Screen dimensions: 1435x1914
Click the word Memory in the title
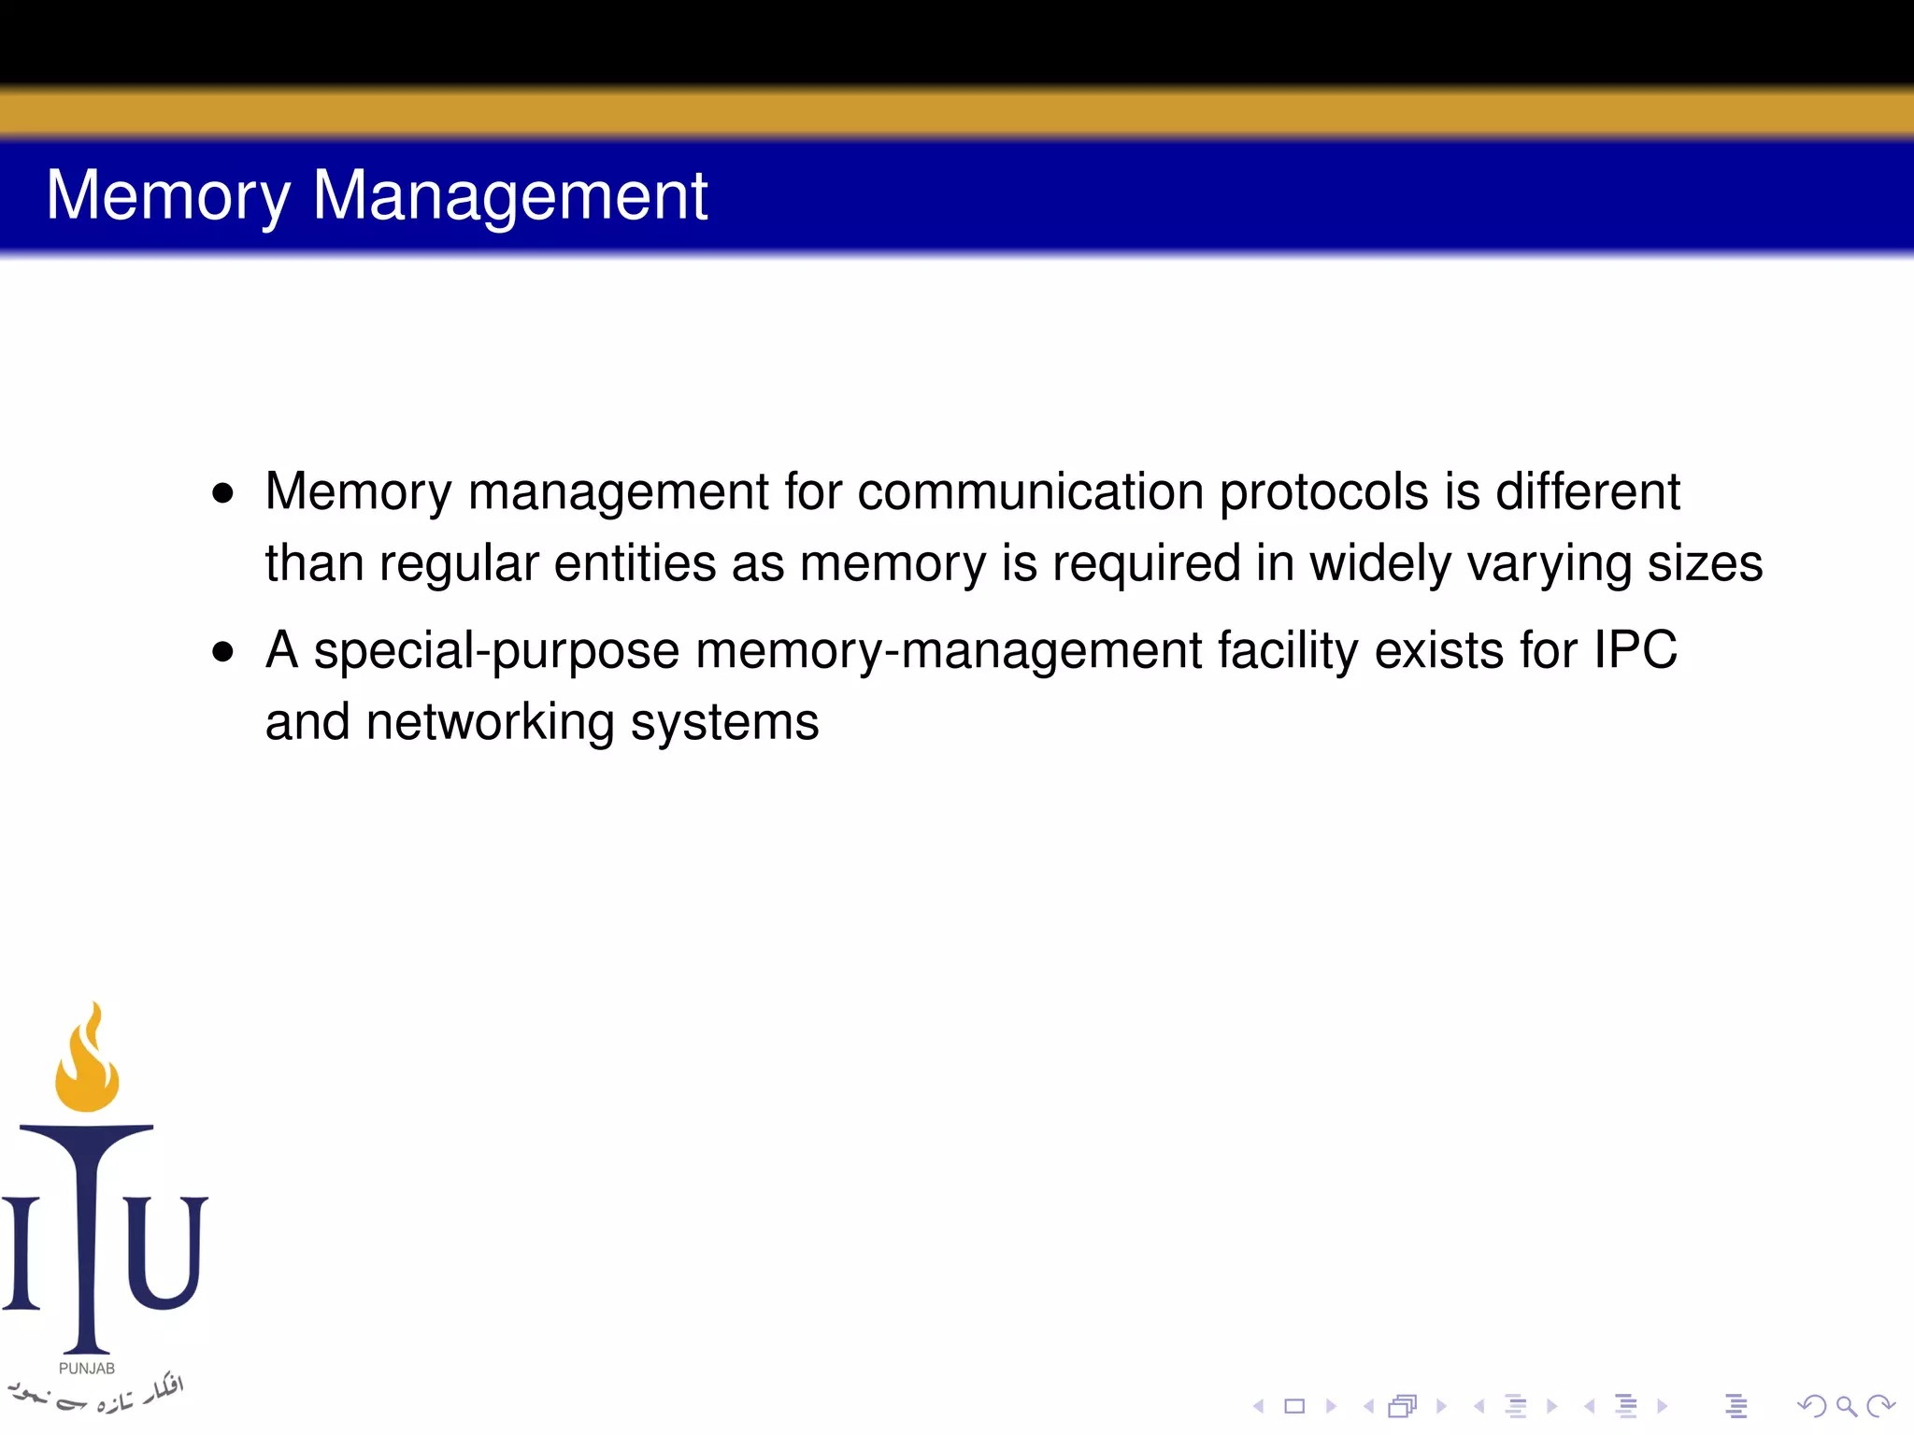pos(168,196)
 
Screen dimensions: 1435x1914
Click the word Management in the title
pos(509,196)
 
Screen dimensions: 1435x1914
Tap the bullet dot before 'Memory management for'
pos(222,492)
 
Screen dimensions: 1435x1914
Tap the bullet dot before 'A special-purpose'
pos(222,651)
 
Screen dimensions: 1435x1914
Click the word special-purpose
pos(496,651)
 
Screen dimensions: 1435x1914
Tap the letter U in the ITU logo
pos(165,1252)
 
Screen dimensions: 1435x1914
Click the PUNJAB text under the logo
pos(87,1369)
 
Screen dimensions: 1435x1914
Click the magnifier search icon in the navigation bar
pos(1846,1406)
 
